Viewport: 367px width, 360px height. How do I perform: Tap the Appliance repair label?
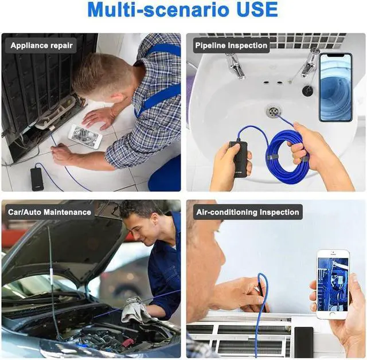42,45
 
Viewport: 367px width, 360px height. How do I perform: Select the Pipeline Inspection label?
231,45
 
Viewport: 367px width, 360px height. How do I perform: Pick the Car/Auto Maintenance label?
49,212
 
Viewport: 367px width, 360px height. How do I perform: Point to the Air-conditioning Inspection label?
248,212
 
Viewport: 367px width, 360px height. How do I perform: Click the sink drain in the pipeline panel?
273,111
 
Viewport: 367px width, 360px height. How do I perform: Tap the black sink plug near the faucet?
307,91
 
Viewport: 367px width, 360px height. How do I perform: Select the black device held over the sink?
239,158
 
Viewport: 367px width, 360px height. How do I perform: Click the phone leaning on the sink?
335,87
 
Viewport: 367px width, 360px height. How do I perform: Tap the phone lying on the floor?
85,136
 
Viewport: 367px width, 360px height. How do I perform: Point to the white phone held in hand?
333,283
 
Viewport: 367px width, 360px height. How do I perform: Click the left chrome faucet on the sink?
235,64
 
